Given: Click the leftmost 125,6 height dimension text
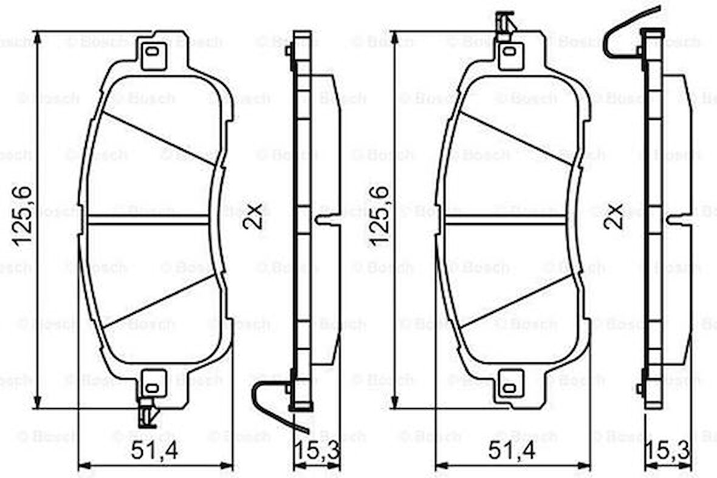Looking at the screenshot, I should coord(23,216).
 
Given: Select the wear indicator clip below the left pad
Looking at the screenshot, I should coord(148,415).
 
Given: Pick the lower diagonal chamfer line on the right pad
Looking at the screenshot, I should coord(516,301).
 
